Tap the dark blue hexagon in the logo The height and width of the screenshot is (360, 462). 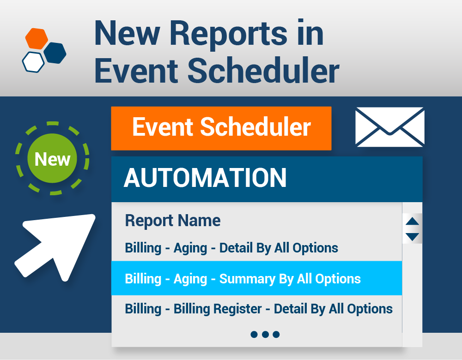55,53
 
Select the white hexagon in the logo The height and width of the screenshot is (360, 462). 33,62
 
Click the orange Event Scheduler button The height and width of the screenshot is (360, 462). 221,128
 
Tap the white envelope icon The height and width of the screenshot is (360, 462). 389,127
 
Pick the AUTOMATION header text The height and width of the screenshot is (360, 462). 205,178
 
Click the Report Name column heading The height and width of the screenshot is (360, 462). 173,221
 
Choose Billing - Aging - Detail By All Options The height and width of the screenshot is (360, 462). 231,248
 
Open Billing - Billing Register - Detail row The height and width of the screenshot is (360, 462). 259,309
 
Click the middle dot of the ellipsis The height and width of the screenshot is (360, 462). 265,334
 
